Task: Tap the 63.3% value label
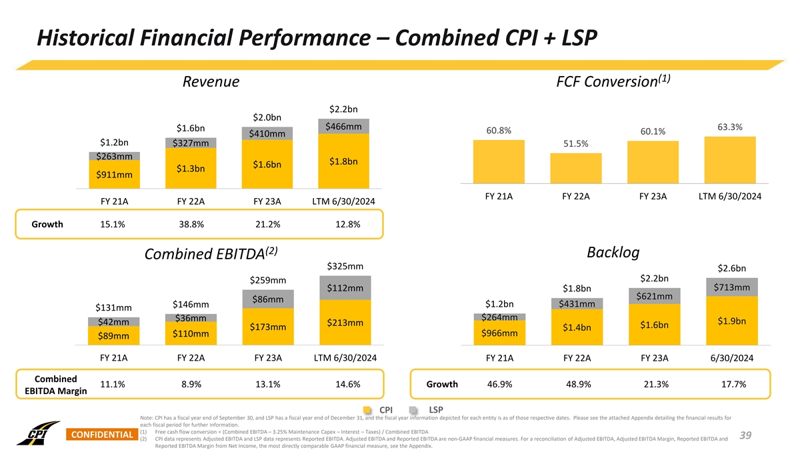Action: [x=730, y=127]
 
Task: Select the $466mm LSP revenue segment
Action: [x=343, y=127]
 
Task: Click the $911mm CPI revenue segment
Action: [x=114, y=175]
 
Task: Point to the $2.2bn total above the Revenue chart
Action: [x=343, y=109]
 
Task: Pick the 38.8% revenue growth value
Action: [x=191, y=224]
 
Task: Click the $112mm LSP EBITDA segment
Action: [x=345, y=288]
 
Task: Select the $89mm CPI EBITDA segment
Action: [x=114, y=335]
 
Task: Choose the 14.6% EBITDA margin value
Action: [x=345, y=384]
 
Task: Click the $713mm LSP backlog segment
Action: [x=731, y=288]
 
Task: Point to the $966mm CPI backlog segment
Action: [x=499, y=333]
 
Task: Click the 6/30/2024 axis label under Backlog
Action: [x=731, y=358]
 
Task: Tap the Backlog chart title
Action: [x=613, y=253]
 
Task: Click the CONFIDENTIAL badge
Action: [x=101, y=435]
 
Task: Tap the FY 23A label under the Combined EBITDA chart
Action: [x=268, y=358]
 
